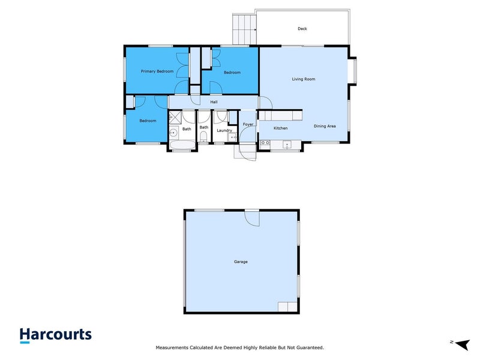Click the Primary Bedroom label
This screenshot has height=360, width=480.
(x=157, y=71)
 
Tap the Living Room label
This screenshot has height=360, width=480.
(x=304, y=79)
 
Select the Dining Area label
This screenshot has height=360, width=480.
(x=325, y=126)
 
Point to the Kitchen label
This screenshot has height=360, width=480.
(x=281, y=128)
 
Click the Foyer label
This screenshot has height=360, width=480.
(x=248, y=125)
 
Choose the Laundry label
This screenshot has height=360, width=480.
(x=224, y=130)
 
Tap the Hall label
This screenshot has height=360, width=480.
(x=214, y=102)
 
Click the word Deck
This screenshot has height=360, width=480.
(x=302, y=29)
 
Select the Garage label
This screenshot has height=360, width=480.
(x=241, y=262)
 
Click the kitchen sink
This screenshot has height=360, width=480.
(x=287, y=143)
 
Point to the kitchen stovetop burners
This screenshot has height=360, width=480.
(x=265, y=143)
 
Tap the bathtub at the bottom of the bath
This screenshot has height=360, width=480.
(x=181, y=145)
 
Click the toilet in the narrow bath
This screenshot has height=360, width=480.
(x=204, y=140)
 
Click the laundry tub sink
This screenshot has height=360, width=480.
(x=233, y=138)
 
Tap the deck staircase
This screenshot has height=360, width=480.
(x=244, y=29)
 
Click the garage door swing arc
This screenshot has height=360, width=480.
(x=253, y=220)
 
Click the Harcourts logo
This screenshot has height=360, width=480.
(x=55, y=335)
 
